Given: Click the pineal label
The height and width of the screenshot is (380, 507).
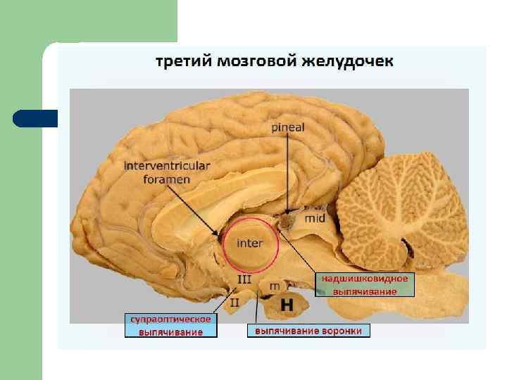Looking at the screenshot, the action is tap(288, 127).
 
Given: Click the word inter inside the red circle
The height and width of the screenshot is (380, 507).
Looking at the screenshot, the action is tap(250, 243).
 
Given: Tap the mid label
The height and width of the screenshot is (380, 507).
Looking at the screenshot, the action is tap(314, 218).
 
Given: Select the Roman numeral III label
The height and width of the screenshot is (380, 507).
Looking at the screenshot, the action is tap(244, 279).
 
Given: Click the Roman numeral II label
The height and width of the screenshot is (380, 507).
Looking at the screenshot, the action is tap(234, 302).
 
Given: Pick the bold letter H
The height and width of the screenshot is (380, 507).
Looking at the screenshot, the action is tap(287, 305).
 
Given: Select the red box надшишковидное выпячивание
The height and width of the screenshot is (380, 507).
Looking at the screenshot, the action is tap(365, 285).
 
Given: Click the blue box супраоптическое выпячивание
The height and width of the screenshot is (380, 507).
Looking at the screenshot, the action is tap(171, 325).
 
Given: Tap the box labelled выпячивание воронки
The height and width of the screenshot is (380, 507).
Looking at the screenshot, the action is tap(308, 330).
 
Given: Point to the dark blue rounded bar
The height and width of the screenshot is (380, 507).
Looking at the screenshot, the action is tap(35, 118).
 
